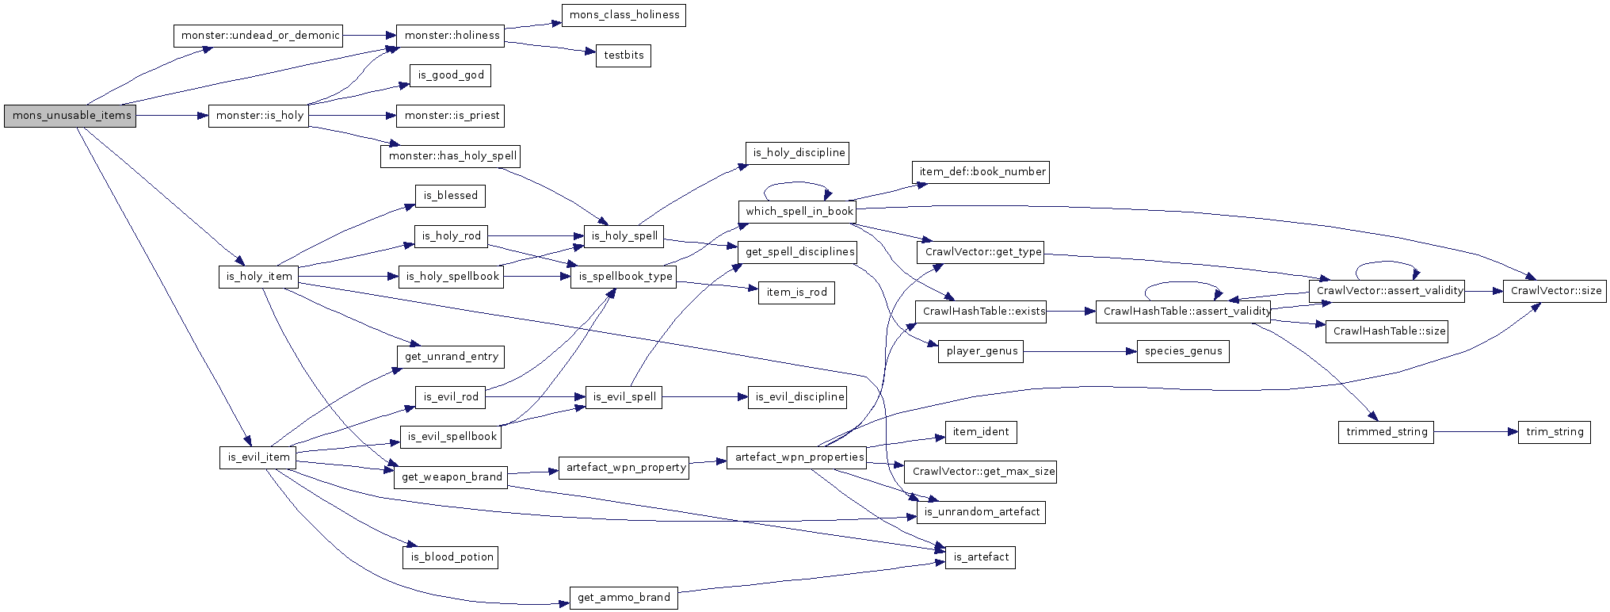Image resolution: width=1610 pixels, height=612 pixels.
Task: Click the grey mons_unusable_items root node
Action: tap(70, 116)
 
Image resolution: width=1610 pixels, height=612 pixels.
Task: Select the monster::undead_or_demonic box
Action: tap(258, 36)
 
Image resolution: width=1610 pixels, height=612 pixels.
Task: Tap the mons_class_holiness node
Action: tap(624, 15)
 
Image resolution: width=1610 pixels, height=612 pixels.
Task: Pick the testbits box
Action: tap(623, 55)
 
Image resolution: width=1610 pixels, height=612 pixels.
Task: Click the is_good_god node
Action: tap(450, 75)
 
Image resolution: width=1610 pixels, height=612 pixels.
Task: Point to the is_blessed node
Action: tap(449, 196)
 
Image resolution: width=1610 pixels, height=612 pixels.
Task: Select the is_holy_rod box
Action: tap(450, 236)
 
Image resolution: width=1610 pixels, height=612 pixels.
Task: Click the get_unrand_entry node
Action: tap(450, 357)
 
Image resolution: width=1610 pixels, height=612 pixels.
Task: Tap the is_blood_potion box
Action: tap(450, 557)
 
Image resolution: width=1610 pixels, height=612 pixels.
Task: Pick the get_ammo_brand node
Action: tap(624, 598)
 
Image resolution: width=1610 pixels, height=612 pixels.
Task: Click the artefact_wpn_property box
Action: tap(625, 468)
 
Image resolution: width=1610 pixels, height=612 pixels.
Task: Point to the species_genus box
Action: tap(1183, 352)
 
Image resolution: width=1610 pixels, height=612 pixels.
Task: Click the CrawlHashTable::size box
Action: tap(1387, 331)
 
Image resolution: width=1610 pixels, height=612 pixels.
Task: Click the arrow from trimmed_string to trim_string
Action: tap(1475, 432)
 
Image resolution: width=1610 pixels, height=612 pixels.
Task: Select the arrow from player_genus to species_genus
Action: tap(1079, 352)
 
